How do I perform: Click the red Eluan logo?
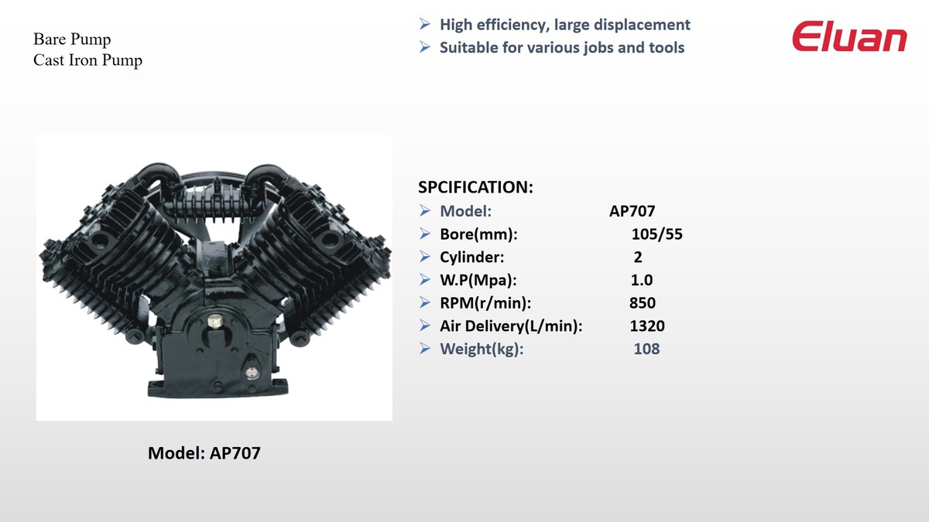click(849, 36)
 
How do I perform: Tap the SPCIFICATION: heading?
click(475, 187)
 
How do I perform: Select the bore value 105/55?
click(657, 234)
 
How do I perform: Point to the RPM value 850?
click(643, 303)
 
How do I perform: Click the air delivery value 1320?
click(647, 326)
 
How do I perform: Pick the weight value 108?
click(646, 349)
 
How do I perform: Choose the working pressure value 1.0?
click(642, 280)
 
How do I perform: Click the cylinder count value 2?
click(638, 258)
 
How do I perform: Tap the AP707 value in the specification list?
click(632, 211)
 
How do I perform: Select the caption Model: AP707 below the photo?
click(204, 453)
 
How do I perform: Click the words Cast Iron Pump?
click(87, 60)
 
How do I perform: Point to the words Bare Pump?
click(72, 39)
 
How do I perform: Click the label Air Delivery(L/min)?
click(511, 326)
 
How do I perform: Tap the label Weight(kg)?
click(482, 349)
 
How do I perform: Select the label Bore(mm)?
click(478, 234)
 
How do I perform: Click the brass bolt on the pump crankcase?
click(214, 321)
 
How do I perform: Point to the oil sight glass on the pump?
click(250, 373)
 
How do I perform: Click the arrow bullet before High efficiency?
click(425, 24)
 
